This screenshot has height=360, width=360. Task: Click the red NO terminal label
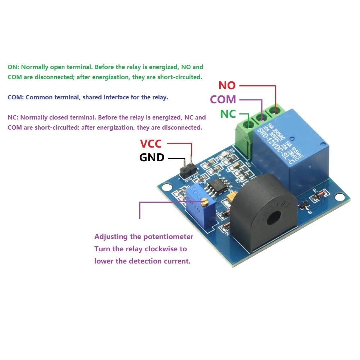click(x=227, y=86)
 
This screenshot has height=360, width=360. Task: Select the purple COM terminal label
click(x=223, y=99)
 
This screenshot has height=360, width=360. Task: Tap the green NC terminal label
click(x=228, y=114)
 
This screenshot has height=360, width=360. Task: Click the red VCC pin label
click(x=151, y=144)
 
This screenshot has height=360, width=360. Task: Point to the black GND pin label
click(x=152, y=157)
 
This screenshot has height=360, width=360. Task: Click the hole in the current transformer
click(x=275, y=217)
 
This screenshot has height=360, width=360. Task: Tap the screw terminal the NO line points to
click(x=276, y=109)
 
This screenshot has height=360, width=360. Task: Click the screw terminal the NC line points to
click(x=248, y=125)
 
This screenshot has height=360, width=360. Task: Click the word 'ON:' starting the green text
click(x=13, y=67)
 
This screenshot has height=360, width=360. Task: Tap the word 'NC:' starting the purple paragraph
click(x=13, y=117)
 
